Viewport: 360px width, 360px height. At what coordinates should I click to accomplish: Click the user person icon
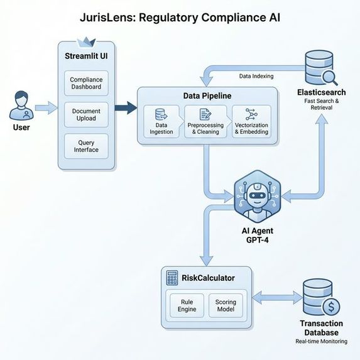[21, 105]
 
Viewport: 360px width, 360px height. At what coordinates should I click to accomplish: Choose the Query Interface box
[87, 146]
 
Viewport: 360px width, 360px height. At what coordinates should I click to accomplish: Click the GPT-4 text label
[257, 240]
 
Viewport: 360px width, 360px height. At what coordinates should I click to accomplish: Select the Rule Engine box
[187, 305]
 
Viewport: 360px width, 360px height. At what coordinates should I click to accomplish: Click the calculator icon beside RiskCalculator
[170, 277]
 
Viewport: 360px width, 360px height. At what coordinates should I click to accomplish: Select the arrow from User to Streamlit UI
[45, 108]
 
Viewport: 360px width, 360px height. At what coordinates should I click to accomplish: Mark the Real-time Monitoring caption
[321, 341]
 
